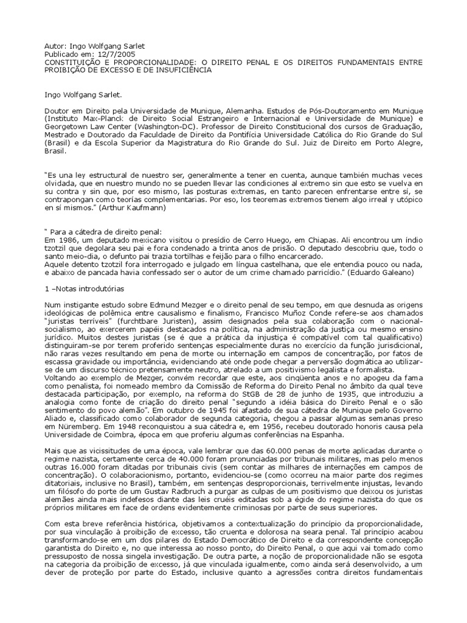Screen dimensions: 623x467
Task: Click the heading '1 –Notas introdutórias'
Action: point(85,288)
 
